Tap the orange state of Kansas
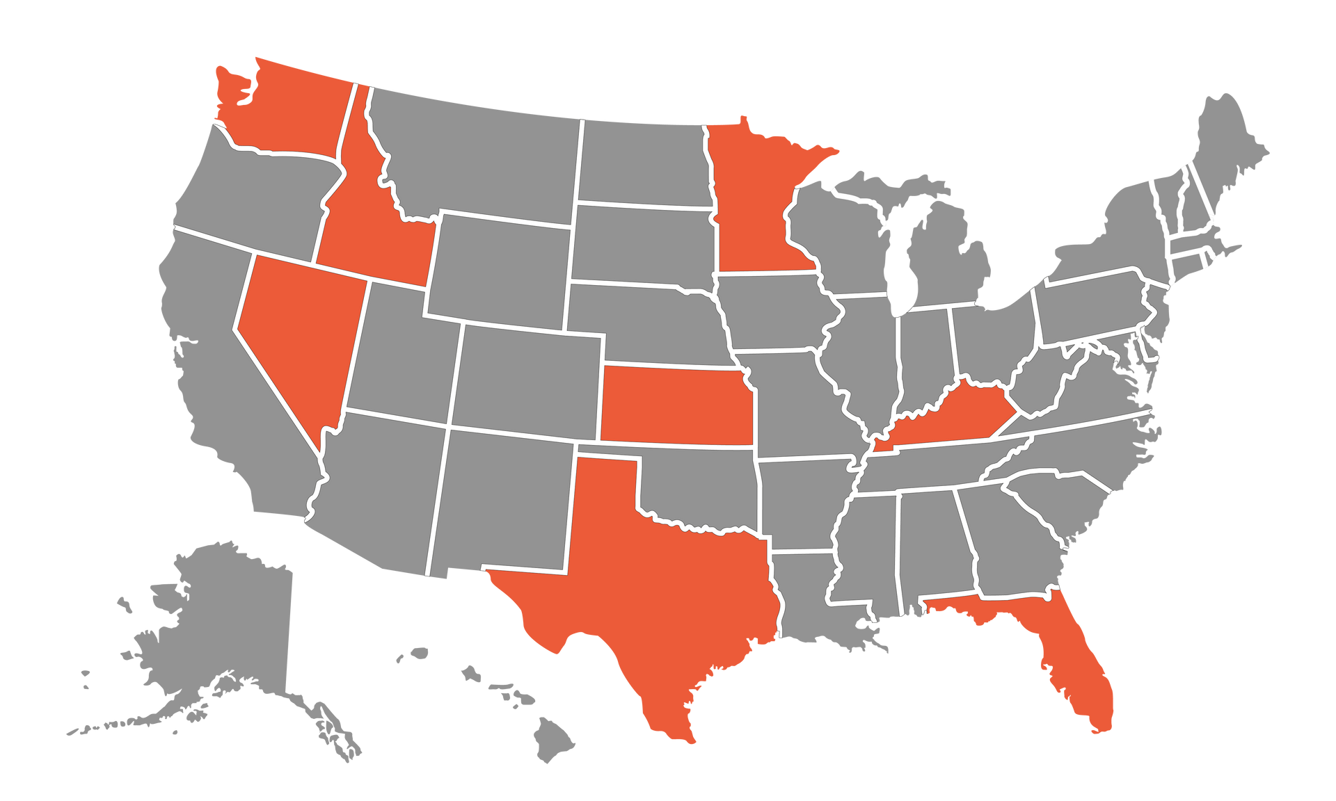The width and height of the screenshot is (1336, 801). [675, 407]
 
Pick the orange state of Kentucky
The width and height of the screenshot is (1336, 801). [953, 417]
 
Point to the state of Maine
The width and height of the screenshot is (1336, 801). [1232, 146]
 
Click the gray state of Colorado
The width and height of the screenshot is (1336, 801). [529, 379]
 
